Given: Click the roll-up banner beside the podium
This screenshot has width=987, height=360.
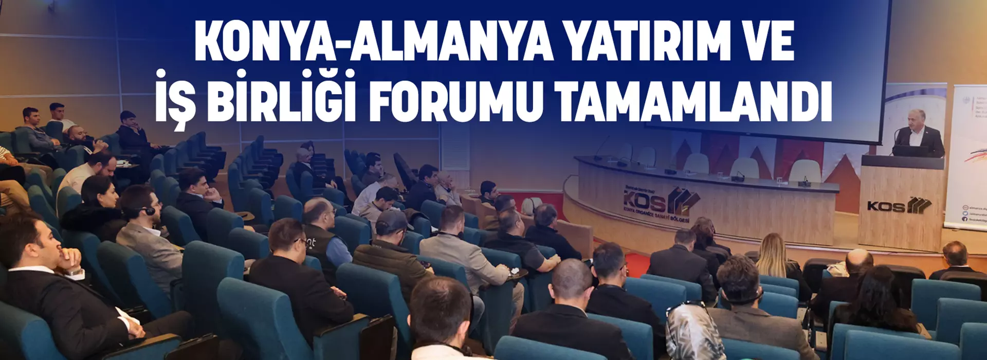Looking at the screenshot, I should pos(966,154).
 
